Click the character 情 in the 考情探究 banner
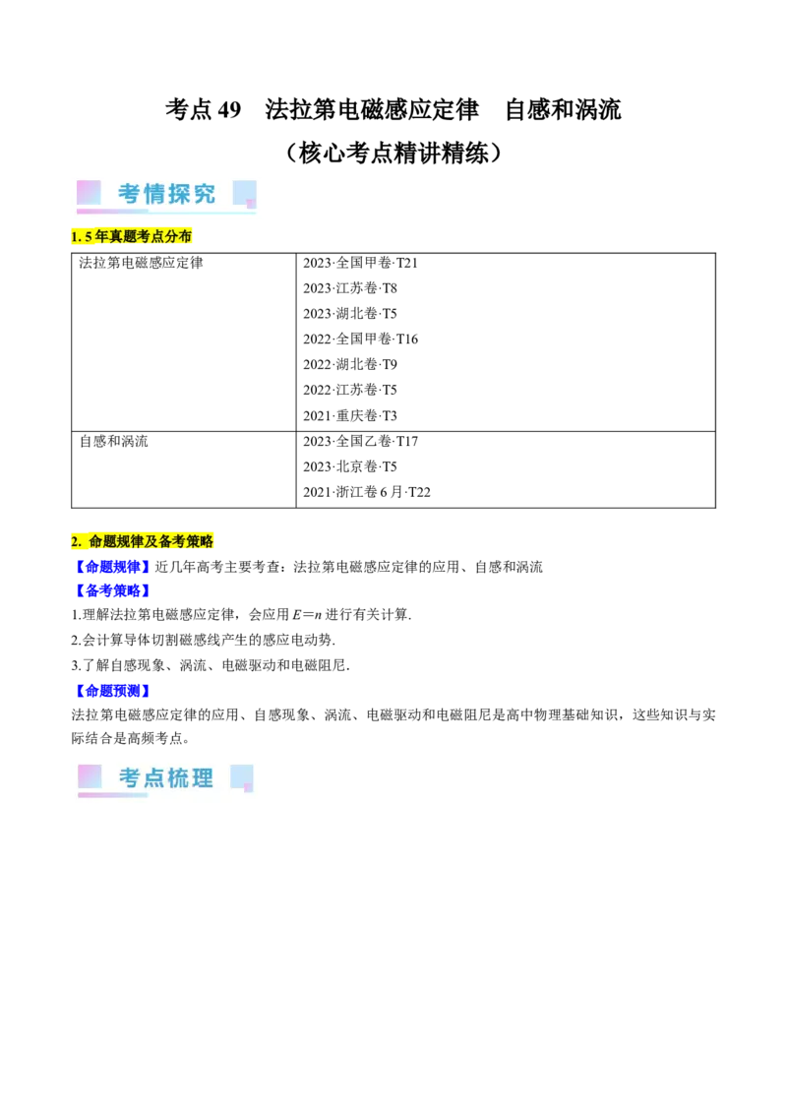(x=154, y=194)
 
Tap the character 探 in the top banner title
(x=179, y=194)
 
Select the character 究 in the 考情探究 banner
(x=204, y=194)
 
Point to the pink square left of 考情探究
(x=89, y=192)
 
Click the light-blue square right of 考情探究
(x=244, y=192)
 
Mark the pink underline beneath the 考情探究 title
(x=112, y=211)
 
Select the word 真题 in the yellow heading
(x=122, y=237)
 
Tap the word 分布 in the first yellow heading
(x=179, y=237)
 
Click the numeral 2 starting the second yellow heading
(x=75, y=541)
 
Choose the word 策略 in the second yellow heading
(x=200, y=541)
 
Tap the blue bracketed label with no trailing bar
(x=111, y=567)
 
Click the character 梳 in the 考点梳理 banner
(x=179, y=778)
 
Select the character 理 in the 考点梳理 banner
(x=203, y=778)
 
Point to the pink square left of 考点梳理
(x=90, y=776)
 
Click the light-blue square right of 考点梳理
(x=241, y=776)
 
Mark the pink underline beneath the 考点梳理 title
(x=112, y=794)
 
